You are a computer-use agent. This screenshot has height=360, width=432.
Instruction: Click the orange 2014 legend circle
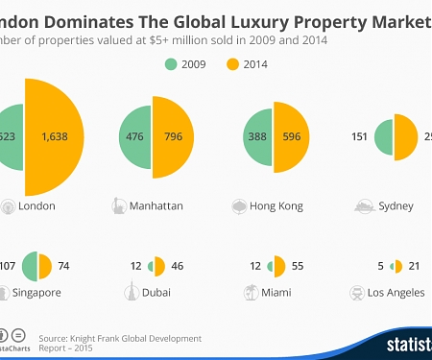click(231, 65)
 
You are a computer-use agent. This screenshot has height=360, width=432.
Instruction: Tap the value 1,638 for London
click(57, 137)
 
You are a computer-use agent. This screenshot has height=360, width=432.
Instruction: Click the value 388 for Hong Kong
click(256, 136)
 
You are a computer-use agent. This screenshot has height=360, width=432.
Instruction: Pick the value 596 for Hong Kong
click(290, 136)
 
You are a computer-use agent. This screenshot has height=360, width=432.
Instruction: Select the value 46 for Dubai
click(178, 265)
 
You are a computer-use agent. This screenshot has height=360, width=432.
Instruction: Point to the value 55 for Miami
click(299, 265)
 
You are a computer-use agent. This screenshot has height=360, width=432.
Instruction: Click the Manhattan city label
click(157, 205)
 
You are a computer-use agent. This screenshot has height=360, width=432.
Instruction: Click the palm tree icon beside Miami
click(251, 292)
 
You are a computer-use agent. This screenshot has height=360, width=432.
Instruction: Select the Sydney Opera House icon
click(365, 204)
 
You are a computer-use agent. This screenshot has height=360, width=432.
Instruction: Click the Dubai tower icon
click(129, 292)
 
